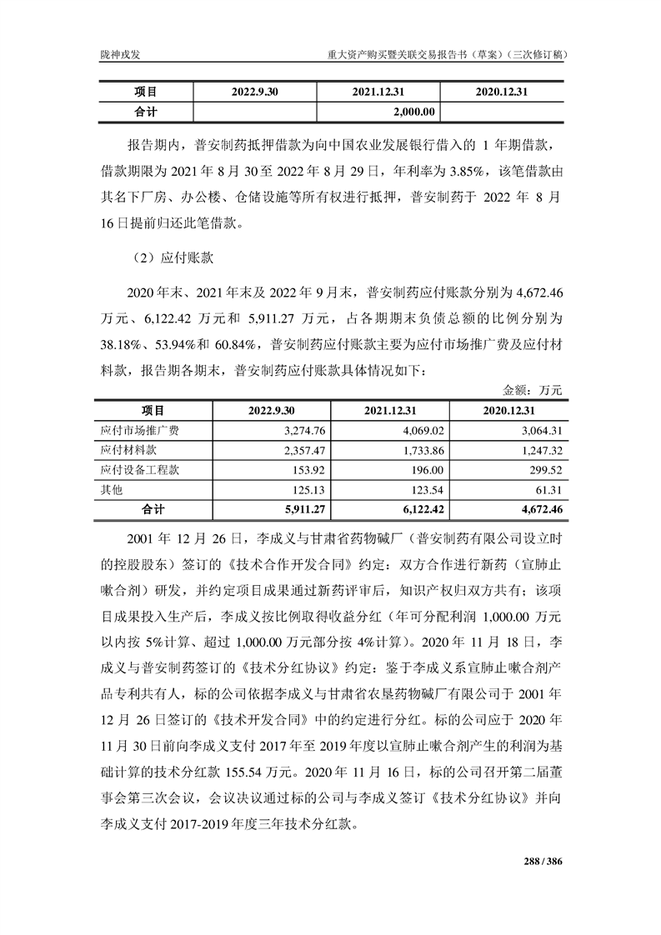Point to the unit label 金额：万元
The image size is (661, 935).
[533, 390]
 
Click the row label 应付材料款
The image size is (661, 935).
[128, 450]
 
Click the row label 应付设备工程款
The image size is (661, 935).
[140, 469]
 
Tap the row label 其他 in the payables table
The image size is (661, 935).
[111, 489]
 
